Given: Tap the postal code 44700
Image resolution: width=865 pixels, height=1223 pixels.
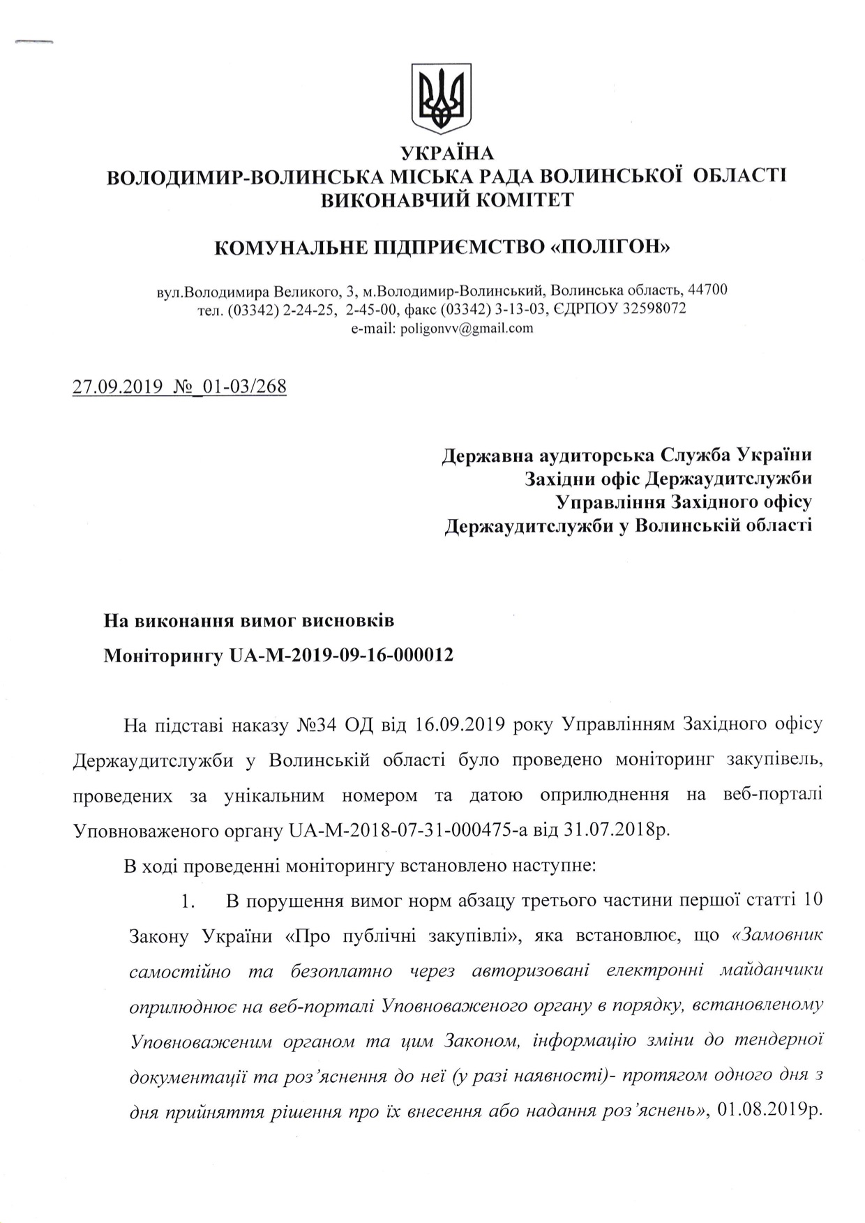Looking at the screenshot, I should coord(707,290).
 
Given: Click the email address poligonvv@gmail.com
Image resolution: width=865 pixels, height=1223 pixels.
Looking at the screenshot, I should coord(466,328).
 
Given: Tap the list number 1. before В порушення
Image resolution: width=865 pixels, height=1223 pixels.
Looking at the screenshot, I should coord(187,901).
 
